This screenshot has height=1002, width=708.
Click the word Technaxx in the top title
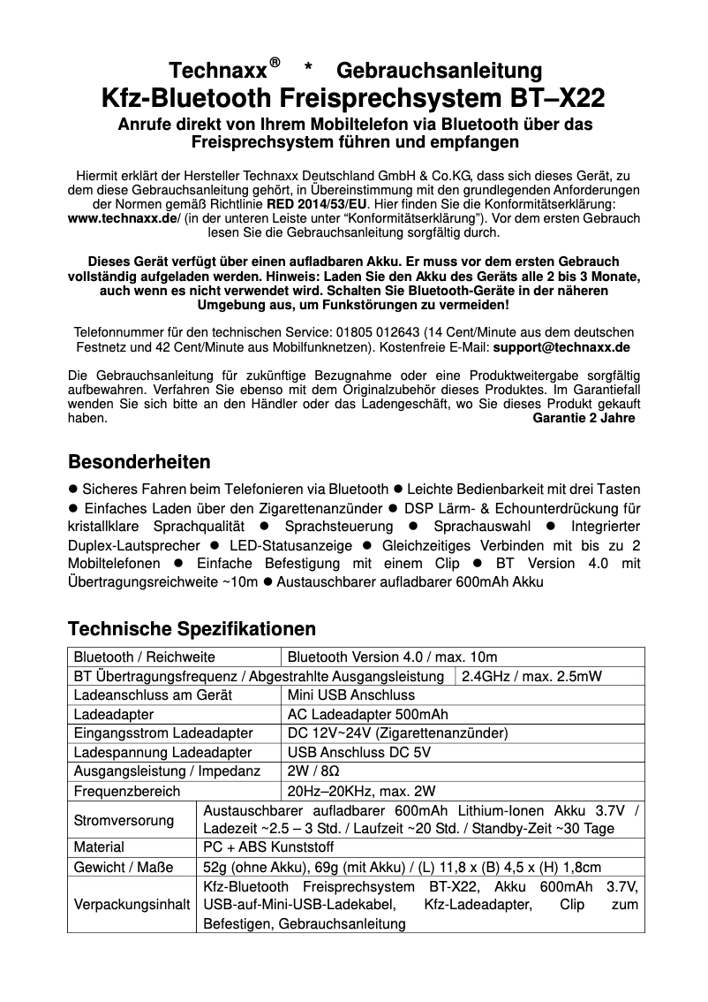[218, 71]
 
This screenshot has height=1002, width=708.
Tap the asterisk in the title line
[308, 71]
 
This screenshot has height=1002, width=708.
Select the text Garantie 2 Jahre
[584, 418]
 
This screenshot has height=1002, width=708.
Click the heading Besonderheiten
[139, 462]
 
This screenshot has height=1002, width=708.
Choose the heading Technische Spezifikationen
[192, 629]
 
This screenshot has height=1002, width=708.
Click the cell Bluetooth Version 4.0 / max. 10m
[393, 657]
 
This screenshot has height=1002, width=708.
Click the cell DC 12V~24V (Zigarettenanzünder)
[398, 733]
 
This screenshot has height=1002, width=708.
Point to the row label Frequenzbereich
[127, 791]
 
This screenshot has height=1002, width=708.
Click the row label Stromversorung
[124, 820]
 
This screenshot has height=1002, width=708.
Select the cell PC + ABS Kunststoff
[262, 847]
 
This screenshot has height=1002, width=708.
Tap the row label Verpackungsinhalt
[132, 906]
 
